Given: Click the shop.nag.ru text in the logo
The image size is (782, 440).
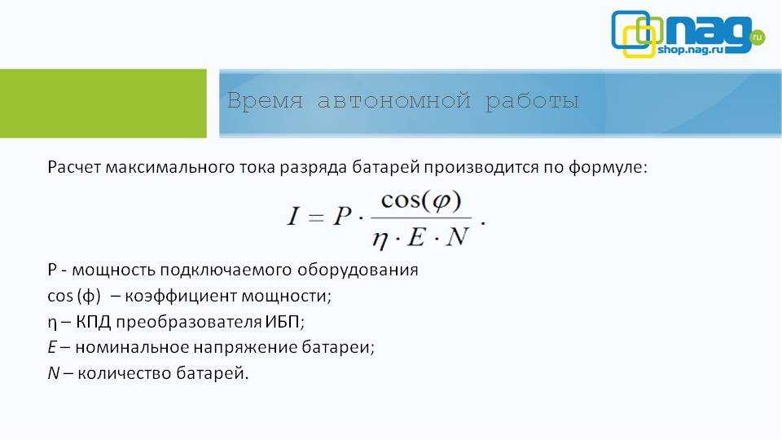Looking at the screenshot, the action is [690, 50].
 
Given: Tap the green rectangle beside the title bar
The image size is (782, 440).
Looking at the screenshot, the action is [103, 103].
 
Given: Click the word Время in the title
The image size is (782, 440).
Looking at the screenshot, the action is [266, 101].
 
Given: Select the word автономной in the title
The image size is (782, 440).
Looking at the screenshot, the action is [394, 101].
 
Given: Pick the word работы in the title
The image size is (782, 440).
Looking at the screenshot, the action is [532, 102].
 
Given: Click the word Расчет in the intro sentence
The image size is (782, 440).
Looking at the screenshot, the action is [74, 167].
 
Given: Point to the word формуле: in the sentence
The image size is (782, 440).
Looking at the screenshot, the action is [608, 167].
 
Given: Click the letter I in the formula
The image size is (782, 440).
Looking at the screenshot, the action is [293, 216].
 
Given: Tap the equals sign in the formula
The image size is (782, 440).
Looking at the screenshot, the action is [316, 217].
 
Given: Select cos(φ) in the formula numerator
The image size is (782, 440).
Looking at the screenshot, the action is [421, 201].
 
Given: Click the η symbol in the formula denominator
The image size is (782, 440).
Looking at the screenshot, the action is [380, 239].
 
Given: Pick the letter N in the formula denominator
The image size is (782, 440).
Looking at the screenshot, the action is [457, 237].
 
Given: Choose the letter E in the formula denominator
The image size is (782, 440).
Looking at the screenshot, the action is [417, 237].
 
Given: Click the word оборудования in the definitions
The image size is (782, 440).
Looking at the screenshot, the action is [358, 270].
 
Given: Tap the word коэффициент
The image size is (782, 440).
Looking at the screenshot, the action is [181, 296].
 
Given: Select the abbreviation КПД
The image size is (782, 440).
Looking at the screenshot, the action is [93, 322].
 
